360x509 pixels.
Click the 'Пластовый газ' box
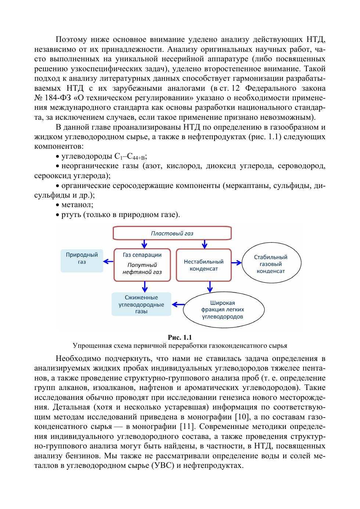tap(172, 233)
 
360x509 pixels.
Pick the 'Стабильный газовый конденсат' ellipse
tap(271, 264)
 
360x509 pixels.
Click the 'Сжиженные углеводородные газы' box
tap(141, 304)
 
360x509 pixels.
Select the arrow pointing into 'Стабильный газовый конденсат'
tap(237, 263)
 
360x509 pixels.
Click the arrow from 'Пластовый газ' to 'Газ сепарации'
tap(144, 243)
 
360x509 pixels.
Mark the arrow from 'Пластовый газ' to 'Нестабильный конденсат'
tap(205, 243)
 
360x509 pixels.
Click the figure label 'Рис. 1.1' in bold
tap(180, 337)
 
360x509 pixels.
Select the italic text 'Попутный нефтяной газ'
tap(142, 268)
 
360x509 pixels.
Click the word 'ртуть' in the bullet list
tap(71, 214)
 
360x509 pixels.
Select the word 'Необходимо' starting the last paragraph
tap(78, 359)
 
